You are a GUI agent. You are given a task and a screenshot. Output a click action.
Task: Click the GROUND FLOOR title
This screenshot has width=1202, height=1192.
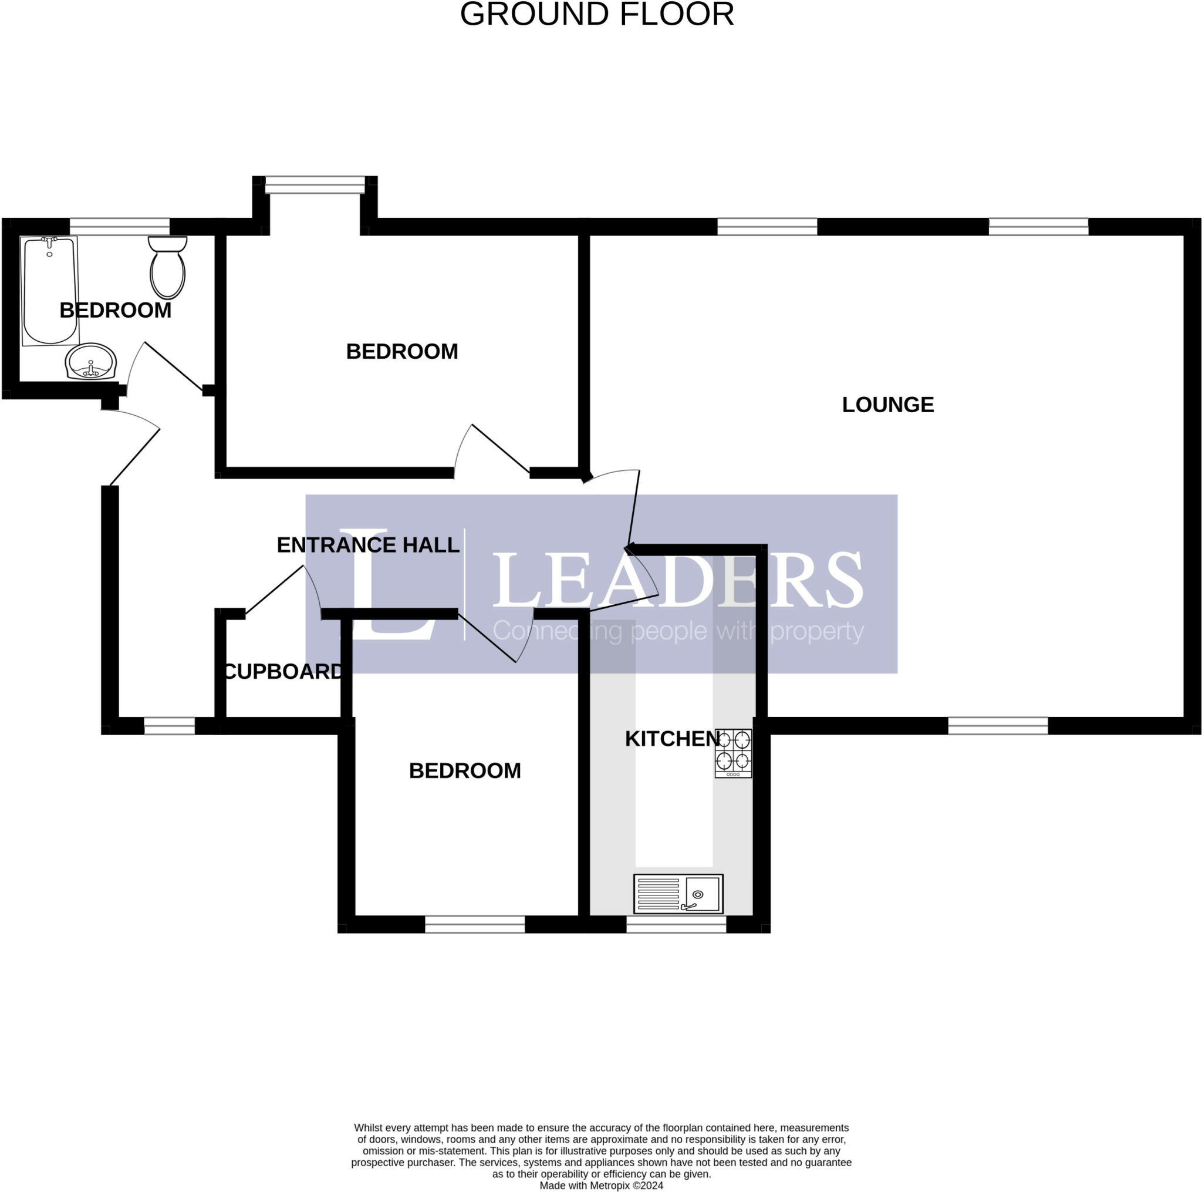tap(597, 14)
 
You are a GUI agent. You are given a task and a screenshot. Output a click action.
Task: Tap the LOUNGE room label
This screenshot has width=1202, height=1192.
tap(887, 405)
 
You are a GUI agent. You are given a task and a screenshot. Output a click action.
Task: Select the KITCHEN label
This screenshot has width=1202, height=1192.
tap(672, 739)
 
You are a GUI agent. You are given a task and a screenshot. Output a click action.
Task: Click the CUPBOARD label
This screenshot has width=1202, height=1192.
tap(282, 671)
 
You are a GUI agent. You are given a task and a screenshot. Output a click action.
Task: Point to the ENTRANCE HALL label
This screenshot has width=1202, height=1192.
tap(367, 545)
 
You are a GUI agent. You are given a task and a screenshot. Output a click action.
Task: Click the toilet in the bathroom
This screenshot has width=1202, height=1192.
tap(167, 267)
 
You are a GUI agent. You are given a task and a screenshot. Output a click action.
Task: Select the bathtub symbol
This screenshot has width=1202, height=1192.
tap(50, 290)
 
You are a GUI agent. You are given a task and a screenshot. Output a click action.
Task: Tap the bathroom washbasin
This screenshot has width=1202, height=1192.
tap(91, 361)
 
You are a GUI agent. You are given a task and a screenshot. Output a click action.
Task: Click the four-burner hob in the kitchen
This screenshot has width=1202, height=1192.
tap(733, 753)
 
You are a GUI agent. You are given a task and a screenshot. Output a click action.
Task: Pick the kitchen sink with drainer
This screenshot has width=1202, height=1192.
tap(678, 893)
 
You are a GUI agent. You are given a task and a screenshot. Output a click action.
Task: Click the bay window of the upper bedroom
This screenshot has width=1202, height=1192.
tap(315, 184)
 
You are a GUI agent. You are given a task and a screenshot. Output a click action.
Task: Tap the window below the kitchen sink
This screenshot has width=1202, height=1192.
tap(676, 924)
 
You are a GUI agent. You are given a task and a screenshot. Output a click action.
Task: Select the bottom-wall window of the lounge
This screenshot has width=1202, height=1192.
tap(997, 725)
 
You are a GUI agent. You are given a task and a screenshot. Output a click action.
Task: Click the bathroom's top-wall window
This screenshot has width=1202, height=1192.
tap(120, 226)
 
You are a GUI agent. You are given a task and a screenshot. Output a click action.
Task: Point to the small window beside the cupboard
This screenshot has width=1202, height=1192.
tap(169, 726)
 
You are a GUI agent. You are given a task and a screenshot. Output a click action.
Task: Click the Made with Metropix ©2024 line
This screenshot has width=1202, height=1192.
tap(601, 1185)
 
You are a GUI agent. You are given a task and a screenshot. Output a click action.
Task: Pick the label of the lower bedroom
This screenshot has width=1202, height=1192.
tap(464, 770)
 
